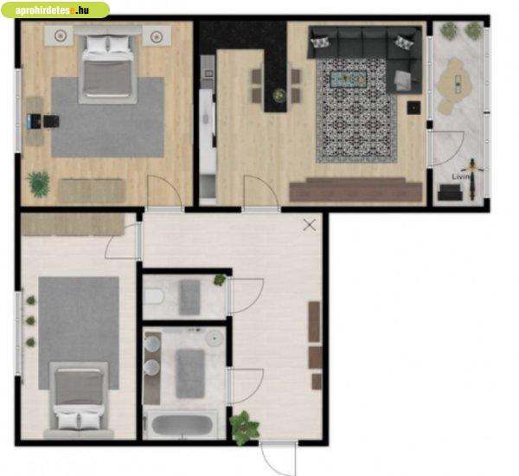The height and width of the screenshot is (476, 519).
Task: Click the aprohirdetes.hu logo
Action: click(55, 10)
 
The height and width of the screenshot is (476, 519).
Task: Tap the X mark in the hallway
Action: click(310, 225)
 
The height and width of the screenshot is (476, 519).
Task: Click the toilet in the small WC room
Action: click(154, 296)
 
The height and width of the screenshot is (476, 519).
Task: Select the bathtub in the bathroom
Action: click(182, 425)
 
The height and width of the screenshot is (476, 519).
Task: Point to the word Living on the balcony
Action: click(462, 177)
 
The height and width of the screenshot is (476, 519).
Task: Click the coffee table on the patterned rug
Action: click(349, 79)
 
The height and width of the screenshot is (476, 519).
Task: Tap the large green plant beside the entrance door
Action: click(244, 428)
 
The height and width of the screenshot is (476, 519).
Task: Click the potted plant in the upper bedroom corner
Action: click(39, 184)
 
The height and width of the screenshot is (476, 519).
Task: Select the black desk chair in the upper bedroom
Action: click(51, 121)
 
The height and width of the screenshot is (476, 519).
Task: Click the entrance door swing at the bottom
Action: click(278, 459)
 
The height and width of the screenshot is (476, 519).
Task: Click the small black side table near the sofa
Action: click(413, 107)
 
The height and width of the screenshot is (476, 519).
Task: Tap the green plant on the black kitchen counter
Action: click(279, 95)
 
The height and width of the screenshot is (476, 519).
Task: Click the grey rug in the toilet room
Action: click(189, 297)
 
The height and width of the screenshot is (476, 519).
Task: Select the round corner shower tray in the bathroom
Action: click(215, 338)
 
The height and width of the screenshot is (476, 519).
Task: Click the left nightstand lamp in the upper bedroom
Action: click(60, 35)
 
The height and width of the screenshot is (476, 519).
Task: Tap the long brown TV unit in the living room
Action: click(356, 190)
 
